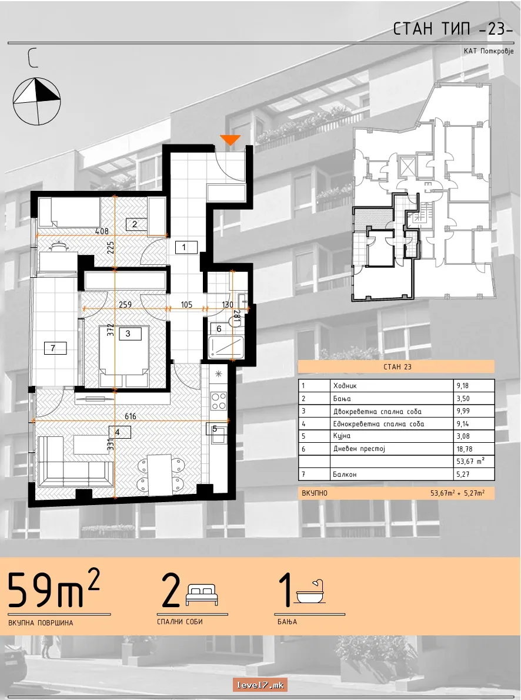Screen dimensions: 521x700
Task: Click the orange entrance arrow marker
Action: [231, 140]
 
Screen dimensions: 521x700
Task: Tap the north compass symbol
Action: [36, 102]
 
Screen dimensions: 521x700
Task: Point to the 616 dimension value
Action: [131, 416]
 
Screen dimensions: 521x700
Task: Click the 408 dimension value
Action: [102, 231]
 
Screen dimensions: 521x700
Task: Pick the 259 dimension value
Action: [125, 304]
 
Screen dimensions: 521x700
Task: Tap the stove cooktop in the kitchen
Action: [219, 400]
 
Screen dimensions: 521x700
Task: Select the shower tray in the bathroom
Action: [226, 347]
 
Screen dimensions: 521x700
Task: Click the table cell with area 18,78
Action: [473, 449]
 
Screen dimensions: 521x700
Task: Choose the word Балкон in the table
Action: [345, 474]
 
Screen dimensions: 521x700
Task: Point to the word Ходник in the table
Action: [345, 386]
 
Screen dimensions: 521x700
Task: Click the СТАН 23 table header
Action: [397, 367]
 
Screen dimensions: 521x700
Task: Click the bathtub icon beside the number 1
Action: [310, 593]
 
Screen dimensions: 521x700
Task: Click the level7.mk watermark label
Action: [259, 685]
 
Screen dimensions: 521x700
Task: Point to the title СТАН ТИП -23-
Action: [453, 29]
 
